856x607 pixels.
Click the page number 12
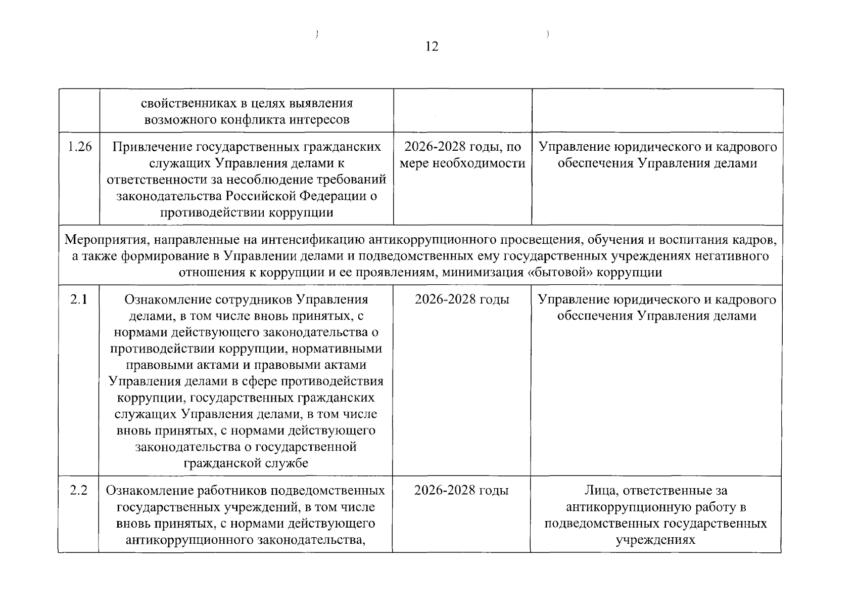432,47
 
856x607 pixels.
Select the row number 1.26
79,147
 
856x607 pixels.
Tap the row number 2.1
79,299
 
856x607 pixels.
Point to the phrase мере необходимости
462,163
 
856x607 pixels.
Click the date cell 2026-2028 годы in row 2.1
462,299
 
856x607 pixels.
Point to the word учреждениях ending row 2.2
655,540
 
